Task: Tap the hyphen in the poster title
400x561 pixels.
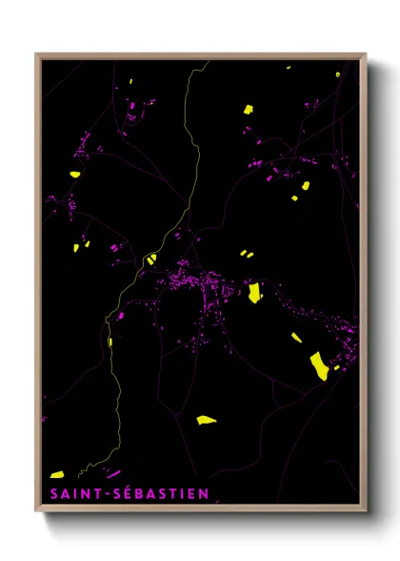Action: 103,492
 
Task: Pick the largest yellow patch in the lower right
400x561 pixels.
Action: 318,364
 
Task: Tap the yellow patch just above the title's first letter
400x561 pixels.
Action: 57,474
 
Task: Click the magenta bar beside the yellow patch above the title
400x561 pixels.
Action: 113,472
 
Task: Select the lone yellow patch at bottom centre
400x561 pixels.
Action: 206,419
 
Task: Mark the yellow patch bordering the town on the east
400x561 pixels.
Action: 254,292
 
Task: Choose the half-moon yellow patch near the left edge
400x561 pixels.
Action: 74,174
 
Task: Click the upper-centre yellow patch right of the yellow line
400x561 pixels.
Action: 248,109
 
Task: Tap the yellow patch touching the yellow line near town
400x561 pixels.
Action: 150,258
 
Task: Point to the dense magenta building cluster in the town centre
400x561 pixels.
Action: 190,280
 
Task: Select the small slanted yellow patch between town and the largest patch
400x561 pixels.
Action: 296,337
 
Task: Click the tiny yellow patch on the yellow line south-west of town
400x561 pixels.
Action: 110,341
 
